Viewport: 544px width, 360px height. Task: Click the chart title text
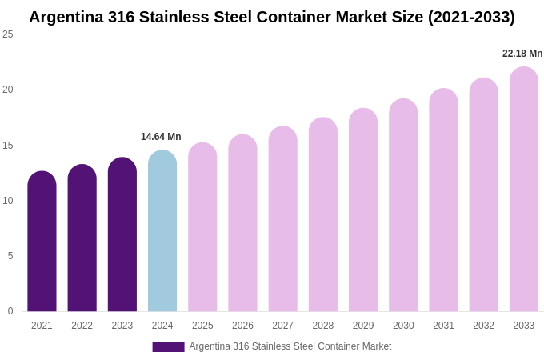point(272,17)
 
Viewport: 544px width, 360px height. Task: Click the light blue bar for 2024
point(162,231)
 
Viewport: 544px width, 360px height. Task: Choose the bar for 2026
point(242,223)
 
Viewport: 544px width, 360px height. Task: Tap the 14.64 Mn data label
point(161,137)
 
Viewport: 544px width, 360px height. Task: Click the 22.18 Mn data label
point(522,54)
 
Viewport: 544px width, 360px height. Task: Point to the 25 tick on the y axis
point(8,34)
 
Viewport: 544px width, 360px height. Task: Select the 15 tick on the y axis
point(8,146)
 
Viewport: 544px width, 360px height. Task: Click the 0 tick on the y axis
point(10,311)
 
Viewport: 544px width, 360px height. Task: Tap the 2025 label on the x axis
point(202,326)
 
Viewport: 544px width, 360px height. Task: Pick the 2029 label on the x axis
point(363,326)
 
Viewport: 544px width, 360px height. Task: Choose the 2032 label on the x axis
point(483,326)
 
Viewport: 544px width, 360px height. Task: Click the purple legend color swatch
point(168,347)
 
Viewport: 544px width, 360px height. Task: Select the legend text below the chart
point(290,346)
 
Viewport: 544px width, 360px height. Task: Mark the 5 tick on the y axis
point(10,256)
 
